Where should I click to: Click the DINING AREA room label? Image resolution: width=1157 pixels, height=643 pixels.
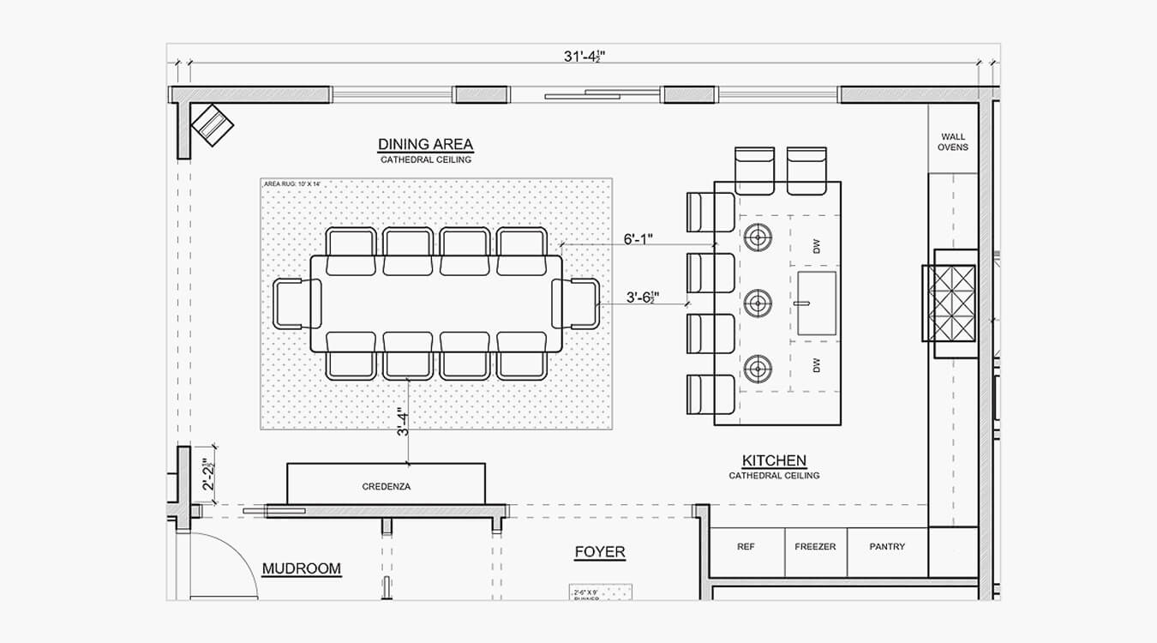click(x=425, y=144)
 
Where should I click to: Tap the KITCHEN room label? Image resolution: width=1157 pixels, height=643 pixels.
click(x=774, y=460)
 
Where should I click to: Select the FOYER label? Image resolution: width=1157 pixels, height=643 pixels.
click(x=599, y=552)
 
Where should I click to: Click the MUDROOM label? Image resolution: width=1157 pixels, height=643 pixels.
click(x=301, y=568)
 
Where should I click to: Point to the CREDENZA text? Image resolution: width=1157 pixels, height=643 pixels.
click(x=386, y=487)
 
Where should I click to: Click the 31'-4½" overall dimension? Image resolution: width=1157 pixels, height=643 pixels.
click(x=590, y=57)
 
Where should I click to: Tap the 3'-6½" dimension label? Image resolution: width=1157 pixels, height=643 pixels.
click(x=644, y=297)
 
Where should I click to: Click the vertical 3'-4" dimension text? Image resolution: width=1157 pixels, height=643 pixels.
click(x=401, y=423)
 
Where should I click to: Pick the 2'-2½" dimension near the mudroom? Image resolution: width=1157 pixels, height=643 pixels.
click(x=207, y=474)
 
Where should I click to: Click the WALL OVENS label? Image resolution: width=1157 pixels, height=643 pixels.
click(x=952, y=141)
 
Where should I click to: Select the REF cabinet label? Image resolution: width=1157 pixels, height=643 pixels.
click(x=746, y=547)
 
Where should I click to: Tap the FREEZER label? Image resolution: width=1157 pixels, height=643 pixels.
click(x=815, y=547)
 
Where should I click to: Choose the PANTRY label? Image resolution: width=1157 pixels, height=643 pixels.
click(x=886, y=547)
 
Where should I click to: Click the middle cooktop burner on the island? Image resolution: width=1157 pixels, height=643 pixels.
click(x=758, y=302)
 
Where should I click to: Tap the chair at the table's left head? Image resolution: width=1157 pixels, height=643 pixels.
click(x=295, y=303)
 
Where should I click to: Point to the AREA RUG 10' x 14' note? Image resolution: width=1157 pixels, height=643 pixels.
click(x=291, y=183)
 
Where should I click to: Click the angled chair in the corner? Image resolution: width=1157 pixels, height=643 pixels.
click(x=212, y=125)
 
